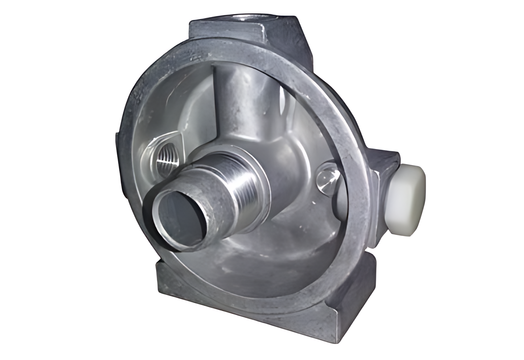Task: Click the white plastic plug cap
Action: click(408, 201)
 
